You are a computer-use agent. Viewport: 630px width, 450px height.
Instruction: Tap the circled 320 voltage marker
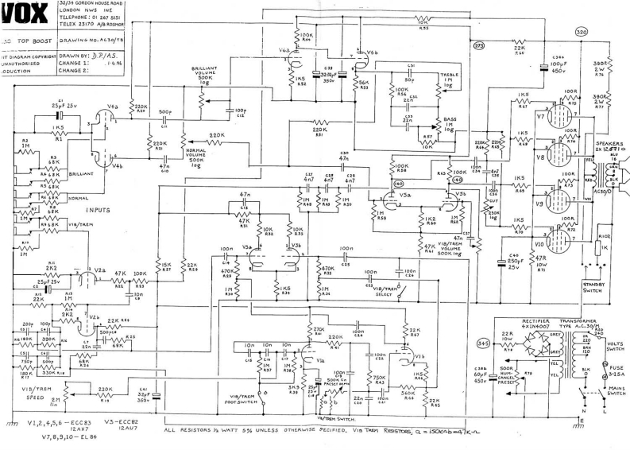tap(580, 31)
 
